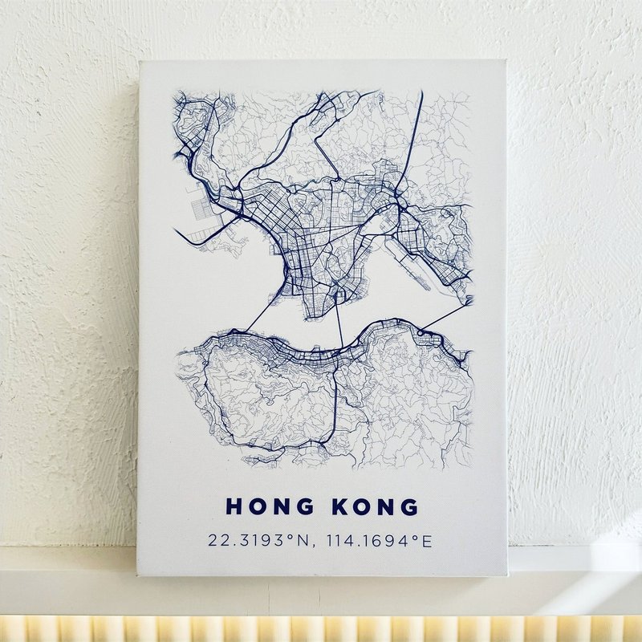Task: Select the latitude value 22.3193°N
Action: coord(256,540)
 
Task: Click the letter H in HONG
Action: coord(234,507)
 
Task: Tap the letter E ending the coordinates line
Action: coord(427,540)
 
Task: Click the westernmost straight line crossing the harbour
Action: coord(264,310)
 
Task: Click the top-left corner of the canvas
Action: coord(140,63)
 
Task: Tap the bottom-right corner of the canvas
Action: coord(508,575)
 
